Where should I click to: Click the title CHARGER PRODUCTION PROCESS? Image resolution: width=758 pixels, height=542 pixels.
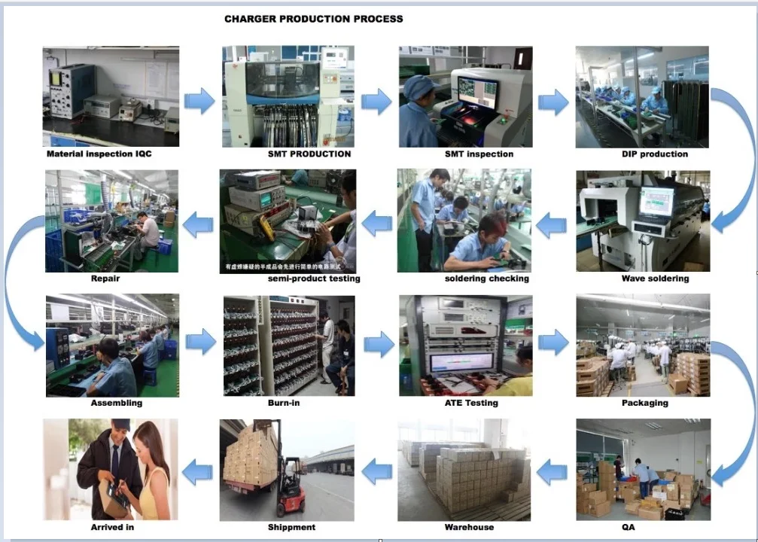point(313,19)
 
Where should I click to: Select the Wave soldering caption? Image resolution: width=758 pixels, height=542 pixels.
point(655,279)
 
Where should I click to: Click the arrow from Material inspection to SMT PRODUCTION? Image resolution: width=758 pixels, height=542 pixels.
point(199,101)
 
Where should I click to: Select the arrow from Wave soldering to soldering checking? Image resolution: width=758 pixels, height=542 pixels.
point(553,224)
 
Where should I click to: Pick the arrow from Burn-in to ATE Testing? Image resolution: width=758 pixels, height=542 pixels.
point(379,344)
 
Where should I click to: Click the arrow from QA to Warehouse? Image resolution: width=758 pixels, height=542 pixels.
point(553,472)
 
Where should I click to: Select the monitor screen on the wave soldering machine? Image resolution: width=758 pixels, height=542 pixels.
point(656,201)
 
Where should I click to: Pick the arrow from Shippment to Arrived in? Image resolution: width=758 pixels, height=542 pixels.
point(197,472)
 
